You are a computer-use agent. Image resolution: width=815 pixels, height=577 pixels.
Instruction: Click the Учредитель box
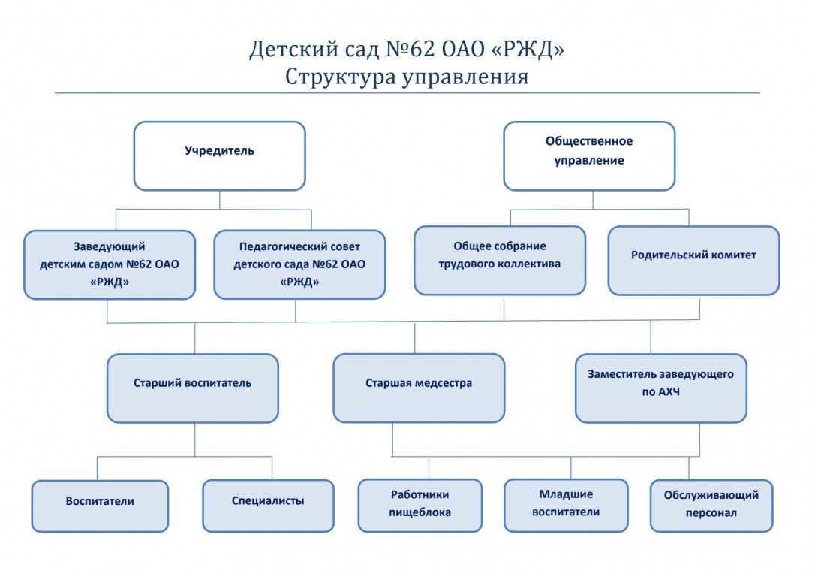tap(219, 156)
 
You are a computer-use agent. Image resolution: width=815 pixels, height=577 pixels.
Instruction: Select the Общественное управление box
tap(589, 156)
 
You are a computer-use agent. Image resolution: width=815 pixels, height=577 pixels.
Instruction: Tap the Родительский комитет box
tap(693, 260)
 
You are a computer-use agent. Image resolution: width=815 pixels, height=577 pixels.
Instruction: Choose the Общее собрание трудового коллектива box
tap(499, 260)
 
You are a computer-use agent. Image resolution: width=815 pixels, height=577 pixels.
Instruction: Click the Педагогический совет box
tap(299, 264)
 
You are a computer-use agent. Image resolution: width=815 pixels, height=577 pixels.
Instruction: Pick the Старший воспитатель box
tap(192, 388)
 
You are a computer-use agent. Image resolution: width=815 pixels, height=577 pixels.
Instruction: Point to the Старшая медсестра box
tap(419, 388)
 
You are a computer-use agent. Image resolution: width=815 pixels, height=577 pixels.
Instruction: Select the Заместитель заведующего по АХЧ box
tap(660, 388)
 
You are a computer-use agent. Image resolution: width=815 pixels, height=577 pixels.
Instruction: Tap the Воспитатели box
tap(100, 506)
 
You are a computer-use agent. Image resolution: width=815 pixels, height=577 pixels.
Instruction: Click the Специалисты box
tap(268, 506)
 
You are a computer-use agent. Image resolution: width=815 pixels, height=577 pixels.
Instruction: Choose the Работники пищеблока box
tap(420, 505)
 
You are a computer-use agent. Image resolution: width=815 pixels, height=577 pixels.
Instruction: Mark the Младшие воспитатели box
tap(566, 505)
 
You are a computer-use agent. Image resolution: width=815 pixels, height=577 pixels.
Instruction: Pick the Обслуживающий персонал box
tap(711, 505)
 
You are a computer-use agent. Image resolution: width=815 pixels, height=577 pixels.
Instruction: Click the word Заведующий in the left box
tap(110, 246)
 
